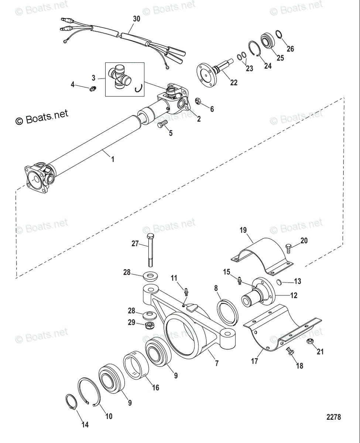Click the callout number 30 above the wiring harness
pyautogui.click(x=136, y=19)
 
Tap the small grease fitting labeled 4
pyautogui.click(x=93, y=88)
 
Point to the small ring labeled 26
pyautogui.click(x=279, y=36)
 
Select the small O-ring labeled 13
pyautogui.click(x=280, y=283)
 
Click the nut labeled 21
pyautogui.click(x=310, y=342)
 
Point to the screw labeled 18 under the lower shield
pyautogui.click(x=290, y=352)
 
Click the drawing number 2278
pyautogui.click(x=333, y=418)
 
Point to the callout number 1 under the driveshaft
pyautogui.click(x=113, y=159)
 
